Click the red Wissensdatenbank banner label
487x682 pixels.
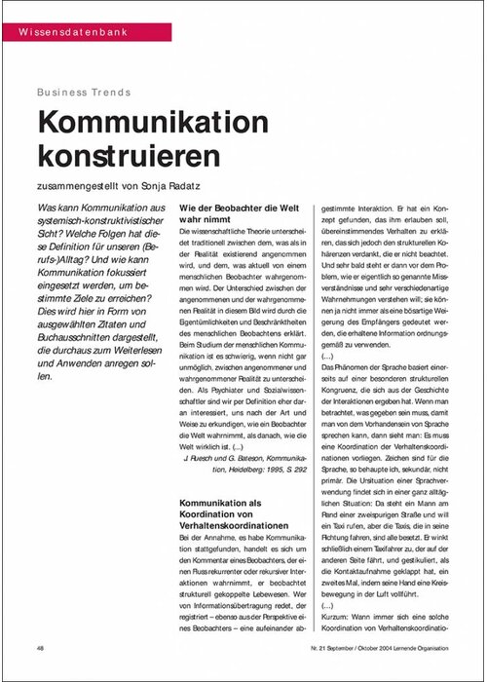pos(67,34)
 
